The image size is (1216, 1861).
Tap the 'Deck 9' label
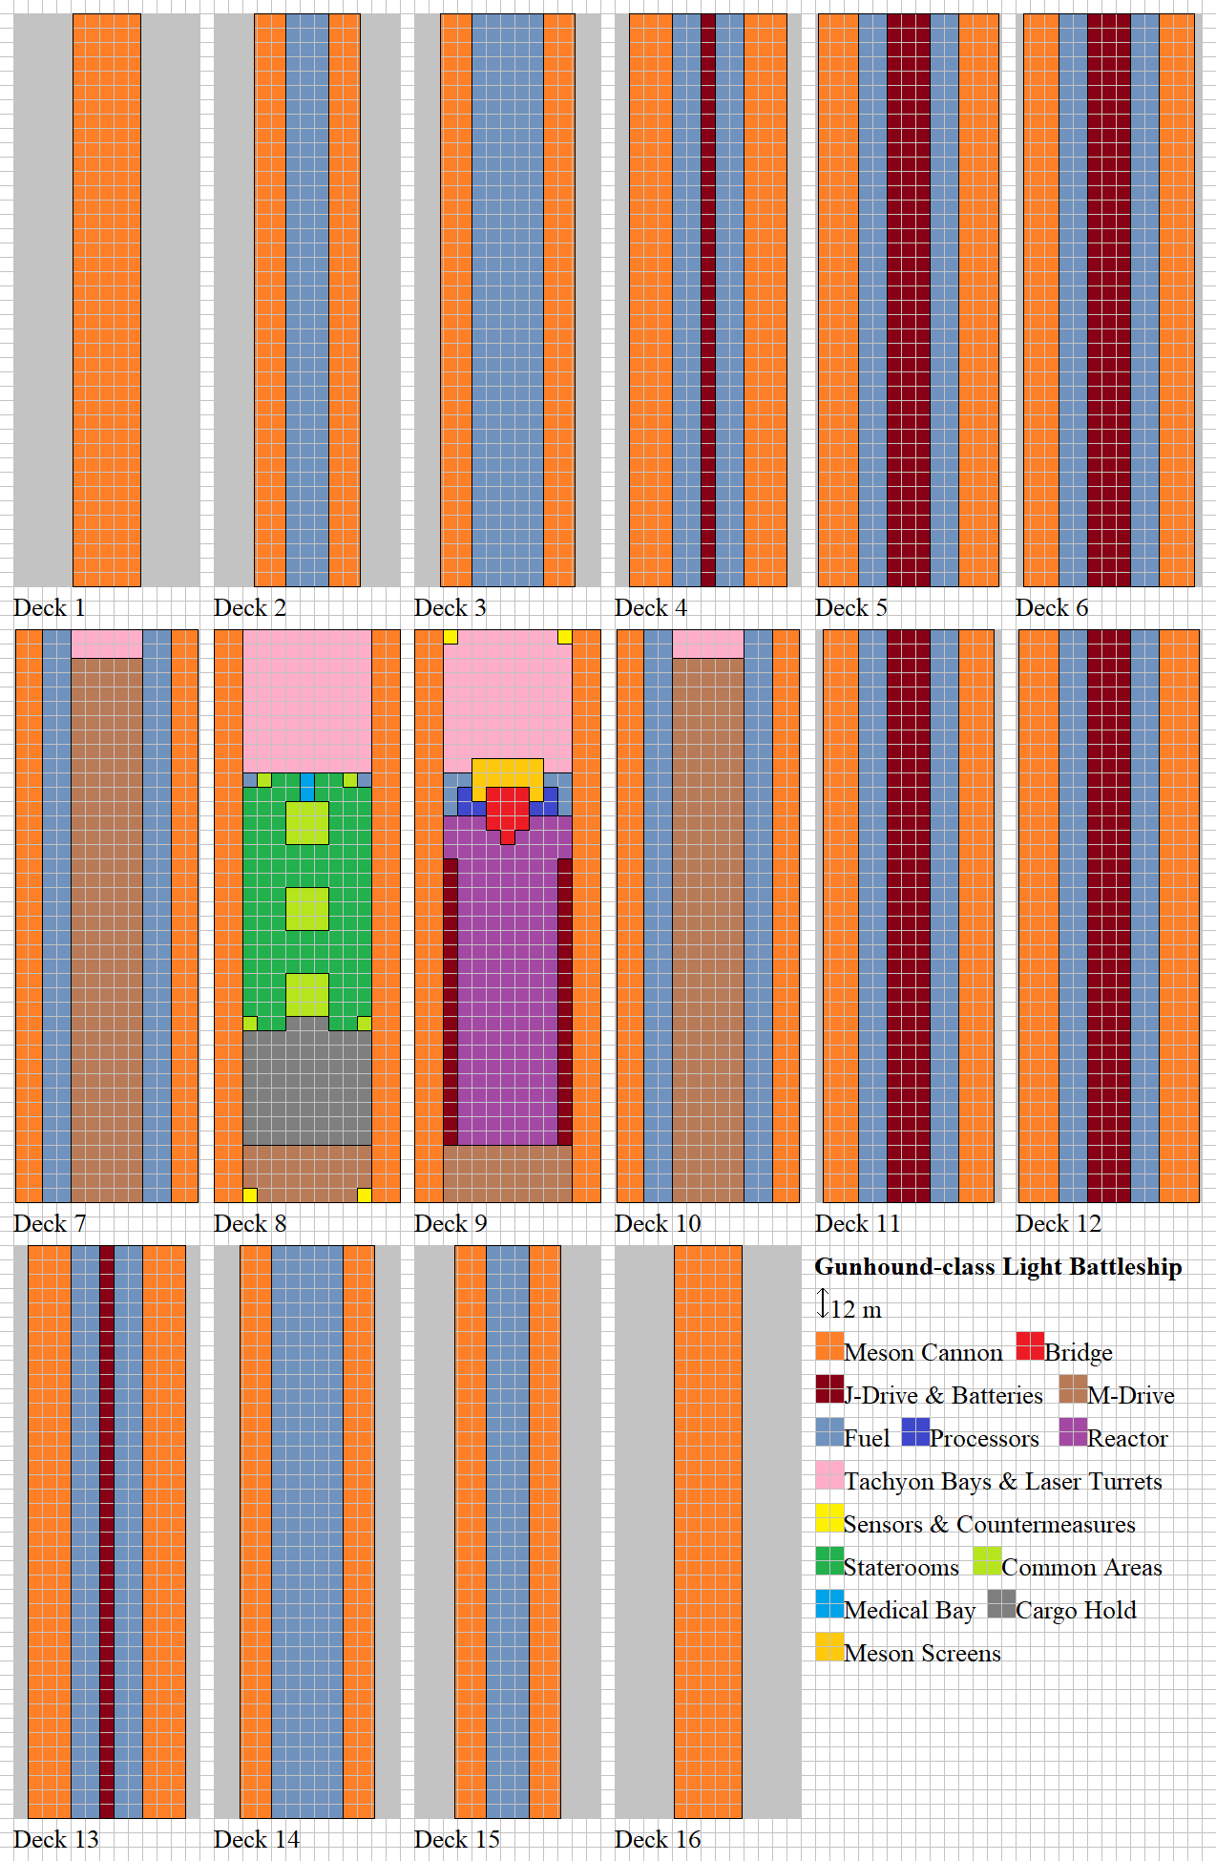[x=450, y=1224]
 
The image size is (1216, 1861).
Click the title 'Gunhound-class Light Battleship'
[x=997, y=1267]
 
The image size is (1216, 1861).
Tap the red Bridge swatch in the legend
[x=1030, y=1346]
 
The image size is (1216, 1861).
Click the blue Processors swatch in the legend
[x=915, y=1432]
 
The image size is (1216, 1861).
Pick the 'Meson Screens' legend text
[x=922, y=1654]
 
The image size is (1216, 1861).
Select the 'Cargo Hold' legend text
[x=1076, y=1611]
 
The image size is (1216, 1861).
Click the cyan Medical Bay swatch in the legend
[x=829, y=1604]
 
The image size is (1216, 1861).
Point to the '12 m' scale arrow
[x=823, y=1303]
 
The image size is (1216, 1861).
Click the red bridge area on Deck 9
[x=507, y=809]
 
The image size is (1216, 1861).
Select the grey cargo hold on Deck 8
[x=307, y=1089]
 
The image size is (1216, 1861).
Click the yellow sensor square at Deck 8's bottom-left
[x=250, y=1195]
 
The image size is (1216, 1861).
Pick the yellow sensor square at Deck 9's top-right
[x=565, y=637]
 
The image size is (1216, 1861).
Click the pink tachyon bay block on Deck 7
[x=107, y=644]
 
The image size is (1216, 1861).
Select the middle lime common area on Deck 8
[x=307, y=909]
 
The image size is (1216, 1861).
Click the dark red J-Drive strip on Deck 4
[x=708, y=300]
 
